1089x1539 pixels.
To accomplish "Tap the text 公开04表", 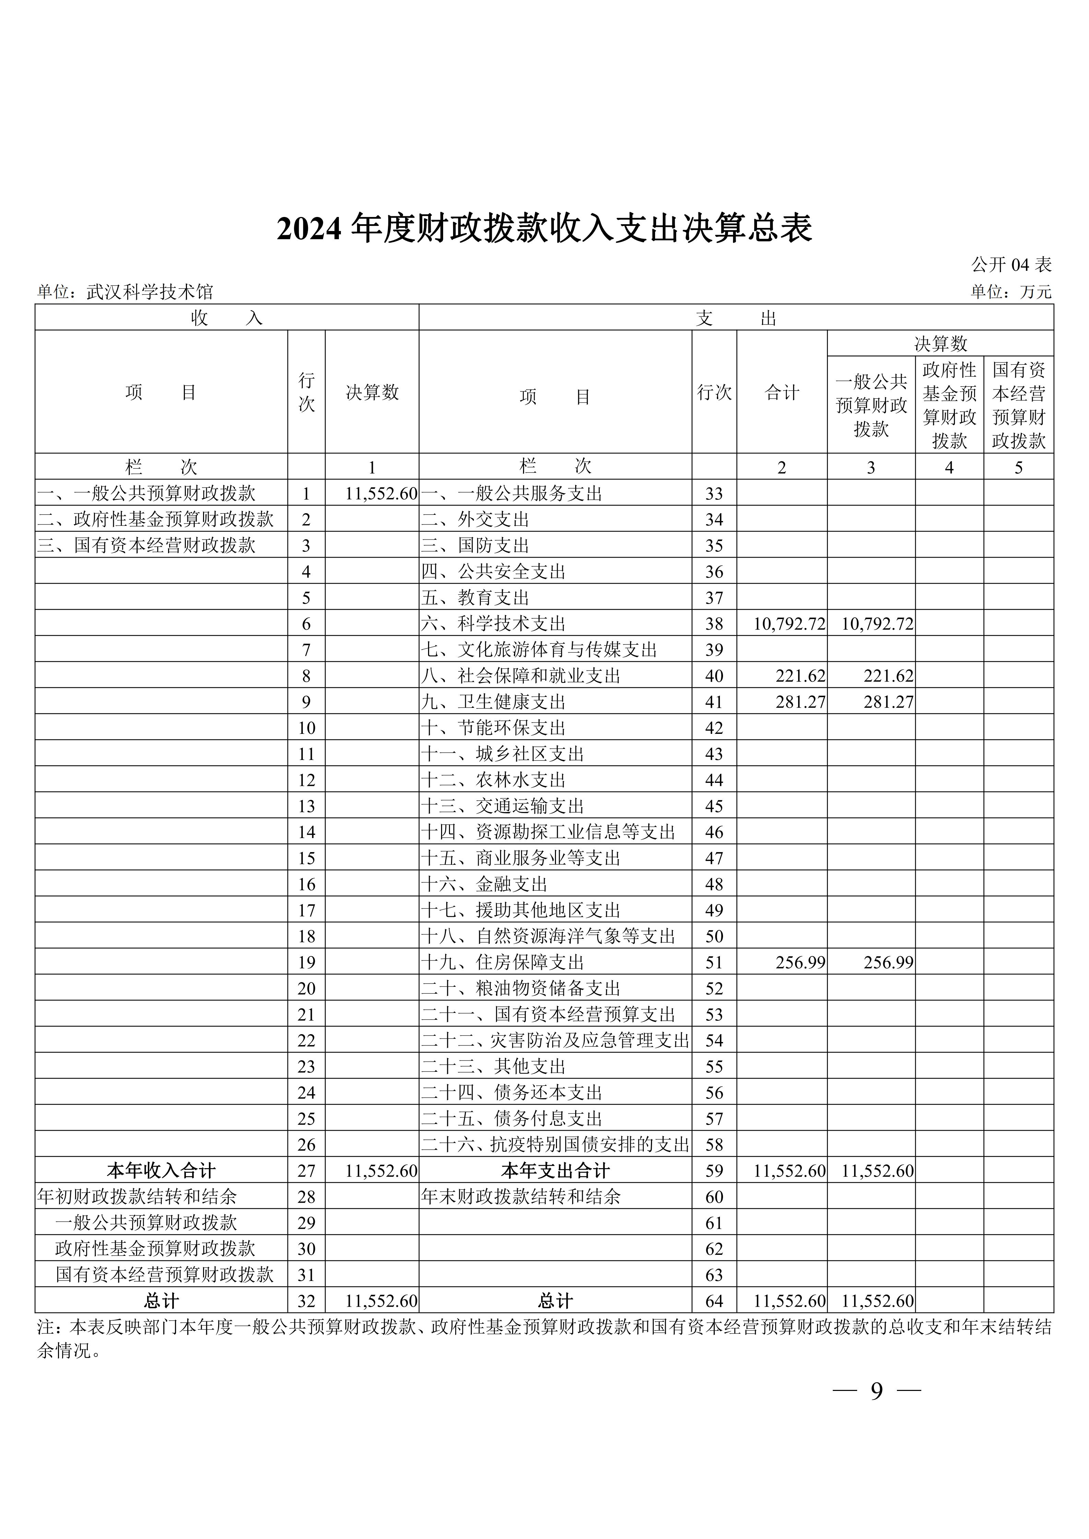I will [1011, 265].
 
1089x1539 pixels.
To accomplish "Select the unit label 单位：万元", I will [1010, 292].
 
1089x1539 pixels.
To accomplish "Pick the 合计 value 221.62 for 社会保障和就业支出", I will [800, 676].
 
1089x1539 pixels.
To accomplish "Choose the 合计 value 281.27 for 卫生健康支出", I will [800, 702].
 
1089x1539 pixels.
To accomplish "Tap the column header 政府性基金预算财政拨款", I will [949, 405].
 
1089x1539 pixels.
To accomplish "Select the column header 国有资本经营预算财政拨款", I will [1018, 405].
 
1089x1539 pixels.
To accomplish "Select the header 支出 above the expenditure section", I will [736, 318].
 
